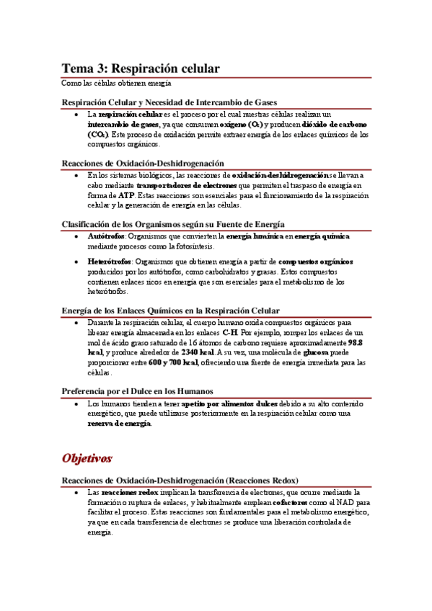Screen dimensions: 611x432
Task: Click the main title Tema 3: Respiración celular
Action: coord(140,68)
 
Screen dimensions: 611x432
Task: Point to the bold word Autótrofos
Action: coord(106,236)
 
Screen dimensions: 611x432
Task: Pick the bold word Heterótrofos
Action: coord(110,261)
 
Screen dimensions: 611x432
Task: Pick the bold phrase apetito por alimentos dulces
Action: coord(229,404)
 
